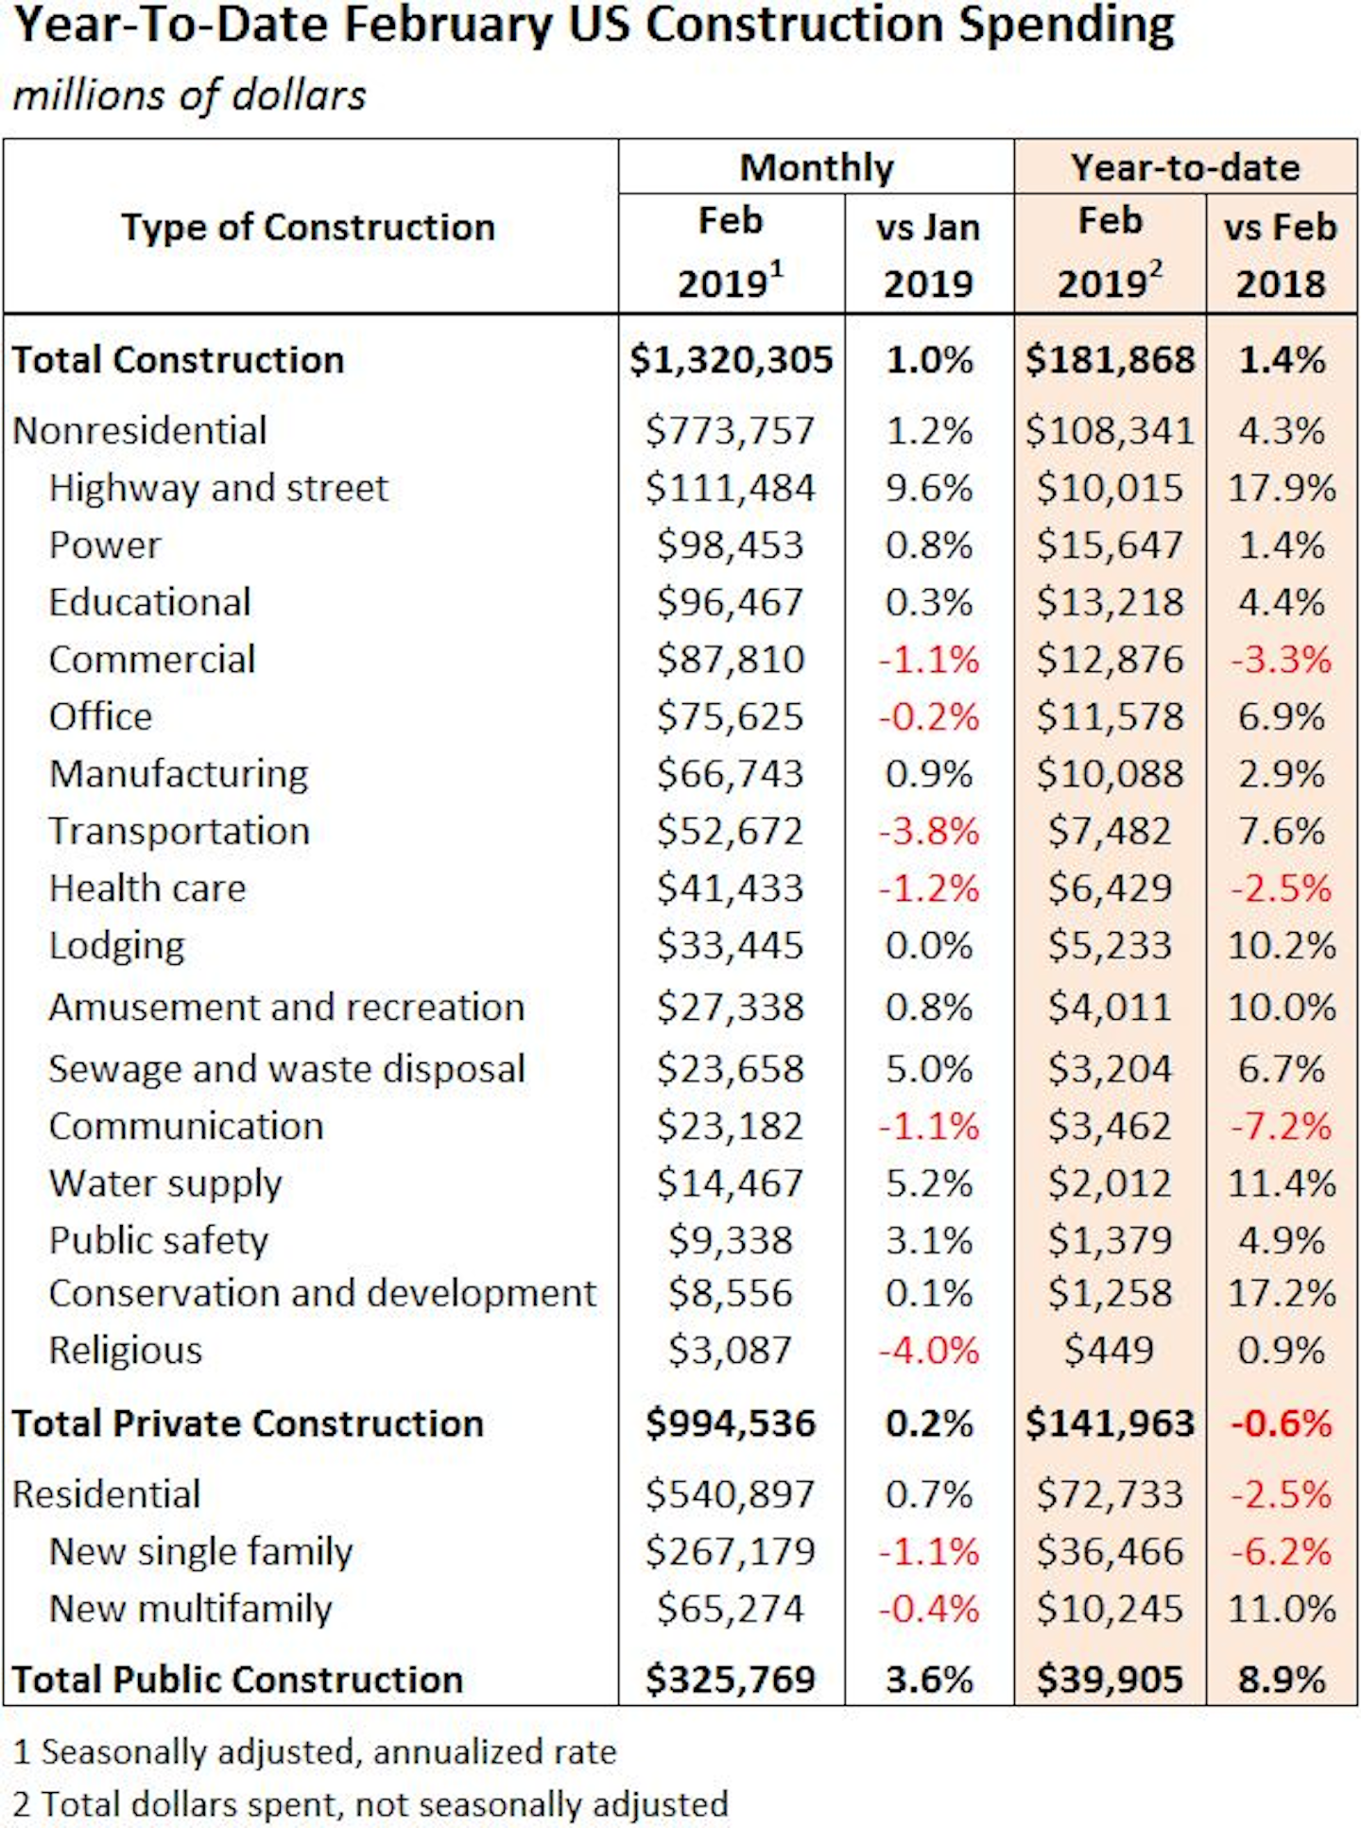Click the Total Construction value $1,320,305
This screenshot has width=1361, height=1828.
click(x=731, y=360)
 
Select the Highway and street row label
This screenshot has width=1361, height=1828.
click(x=218, y=489)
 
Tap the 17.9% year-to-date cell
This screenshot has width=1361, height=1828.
click(x=1281, y=489)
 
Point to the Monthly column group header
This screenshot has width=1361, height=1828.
click(x=816, y=168)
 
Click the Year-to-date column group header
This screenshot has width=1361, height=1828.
click(x=1184, y=168)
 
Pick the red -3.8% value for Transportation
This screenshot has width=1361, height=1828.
click(x=928, y=832)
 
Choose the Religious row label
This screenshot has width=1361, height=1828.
click(x=126, y=1351)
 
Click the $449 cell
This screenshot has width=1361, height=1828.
click(x=1109, y=1351)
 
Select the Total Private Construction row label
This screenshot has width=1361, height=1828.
click(x=248, y=1423)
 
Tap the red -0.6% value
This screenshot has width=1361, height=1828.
click(x=1281, y=1423)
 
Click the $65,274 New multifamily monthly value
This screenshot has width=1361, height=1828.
click(x=731, y=1609)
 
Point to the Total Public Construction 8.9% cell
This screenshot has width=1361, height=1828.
click(x=1281, y=1680)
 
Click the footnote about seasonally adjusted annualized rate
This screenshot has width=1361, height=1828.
click(x=315, y=1752)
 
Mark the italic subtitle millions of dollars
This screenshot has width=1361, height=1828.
click(x=189, y=95)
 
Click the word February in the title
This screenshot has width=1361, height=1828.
click(x=447, y=26)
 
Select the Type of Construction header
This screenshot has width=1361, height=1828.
click(x=308, y=228)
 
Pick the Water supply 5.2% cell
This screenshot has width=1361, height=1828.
click(x=928, y=1183)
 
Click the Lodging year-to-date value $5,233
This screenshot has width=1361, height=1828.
click(x=1109, y=946)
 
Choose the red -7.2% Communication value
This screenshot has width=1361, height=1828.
click(x=1281, y=1127)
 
